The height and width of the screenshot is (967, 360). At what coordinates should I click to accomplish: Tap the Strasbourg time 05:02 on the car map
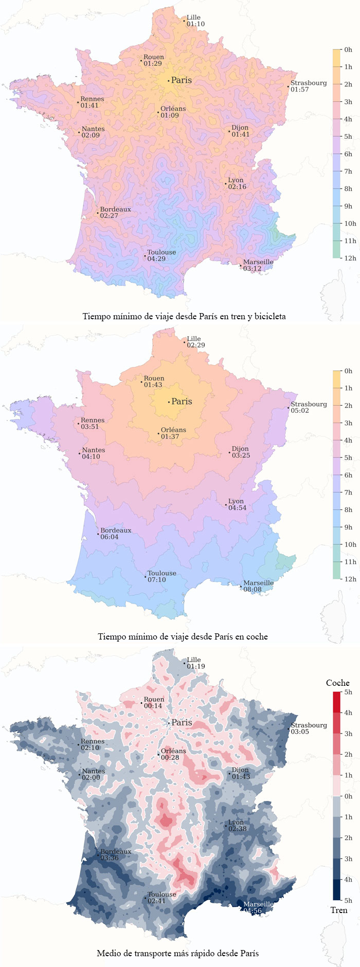(x=300, y=411)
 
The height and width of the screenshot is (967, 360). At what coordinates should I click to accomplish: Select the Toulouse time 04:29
(x=156, y=259)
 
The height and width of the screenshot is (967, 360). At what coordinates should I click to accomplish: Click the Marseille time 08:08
(x=252, y=590)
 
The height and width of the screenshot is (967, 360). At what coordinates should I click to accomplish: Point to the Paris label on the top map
(x=181, y=80)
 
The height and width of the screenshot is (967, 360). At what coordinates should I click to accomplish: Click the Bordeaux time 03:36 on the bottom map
(x=109, y=858)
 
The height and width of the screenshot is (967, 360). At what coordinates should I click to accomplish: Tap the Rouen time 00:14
(x=153, y=706)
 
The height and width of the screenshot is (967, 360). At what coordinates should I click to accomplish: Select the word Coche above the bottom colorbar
(x=337, y=683)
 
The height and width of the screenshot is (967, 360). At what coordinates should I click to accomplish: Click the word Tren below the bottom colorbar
(x=338, y=910)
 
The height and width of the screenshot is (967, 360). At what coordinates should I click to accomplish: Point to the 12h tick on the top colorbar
(x=350, y=258)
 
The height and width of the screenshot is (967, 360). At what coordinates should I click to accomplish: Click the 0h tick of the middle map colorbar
(x=348, y=371)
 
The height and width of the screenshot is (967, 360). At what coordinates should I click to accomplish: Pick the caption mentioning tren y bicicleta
(x=184, y=316)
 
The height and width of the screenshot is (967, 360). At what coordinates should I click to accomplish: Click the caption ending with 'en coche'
(x=183, y=636)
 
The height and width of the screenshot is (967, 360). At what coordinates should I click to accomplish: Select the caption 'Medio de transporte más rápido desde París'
(x=177, y=953)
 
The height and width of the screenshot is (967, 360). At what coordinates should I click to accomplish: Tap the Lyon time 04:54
(x=237, y=508)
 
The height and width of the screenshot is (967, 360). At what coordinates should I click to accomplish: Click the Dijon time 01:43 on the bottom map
(x=241, y=776)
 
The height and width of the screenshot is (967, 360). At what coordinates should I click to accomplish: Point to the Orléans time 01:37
(x=170, y=436)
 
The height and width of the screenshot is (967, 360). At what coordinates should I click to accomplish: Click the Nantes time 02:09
(x=91, y=135)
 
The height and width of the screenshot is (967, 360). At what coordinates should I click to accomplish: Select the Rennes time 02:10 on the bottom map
(x=90, y=747)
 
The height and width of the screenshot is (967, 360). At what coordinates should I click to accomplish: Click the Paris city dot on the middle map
(x=169, y=402)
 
